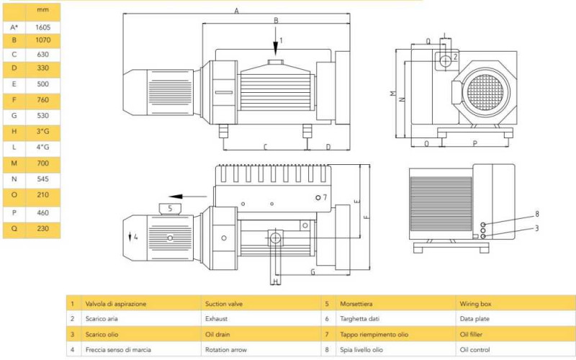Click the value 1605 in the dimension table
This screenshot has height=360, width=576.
(x=42, y=27)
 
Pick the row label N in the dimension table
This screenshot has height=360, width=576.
(x=14, y=179)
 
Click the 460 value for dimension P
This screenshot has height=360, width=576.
(x=42, y=213)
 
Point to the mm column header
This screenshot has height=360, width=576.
(x=42, y=11)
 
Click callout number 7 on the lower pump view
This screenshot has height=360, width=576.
(x=325, y=197)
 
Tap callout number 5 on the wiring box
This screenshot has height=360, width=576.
(x=170, y=208)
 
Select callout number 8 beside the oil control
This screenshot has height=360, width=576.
(x=536, y=214)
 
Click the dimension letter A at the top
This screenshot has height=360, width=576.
(x=236, y=11)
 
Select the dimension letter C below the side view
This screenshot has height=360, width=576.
(x=265, y=147)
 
